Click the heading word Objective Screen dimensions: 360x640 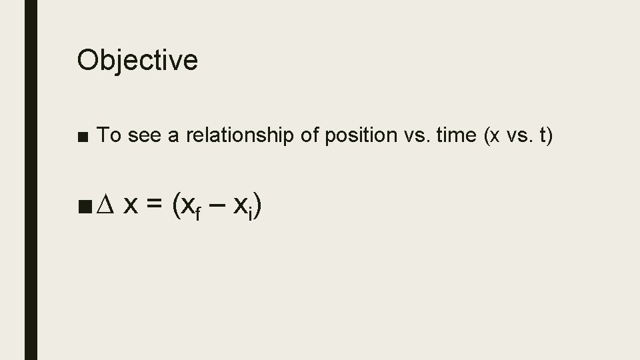[137, 60]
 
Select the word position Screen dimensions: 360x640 [358, 135]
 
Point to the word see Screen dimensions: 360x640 [144, 135]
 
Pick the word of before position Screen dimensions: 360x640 [310, 135]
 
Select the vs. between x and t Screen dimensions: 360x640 [513, 135]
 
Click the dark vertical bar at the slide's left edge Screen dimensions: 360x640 [31, 180]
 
